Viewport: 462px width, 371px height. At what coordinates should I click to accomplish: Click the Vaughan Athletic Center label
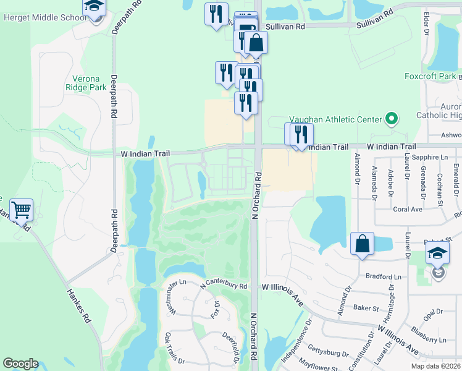(x=335, y=120)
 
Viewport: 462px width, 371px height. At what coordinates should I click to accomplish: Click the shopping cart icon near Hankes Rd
(x=21, y=210)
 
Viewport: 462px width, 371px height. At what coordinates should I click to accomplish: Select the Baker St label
(x=365, y=307)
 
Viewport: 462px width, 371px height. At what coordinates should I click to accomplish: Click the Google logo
(x=20, y=364)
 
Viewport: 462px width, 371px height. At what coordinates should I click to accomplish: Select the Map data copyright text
(x=435, y=366)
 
